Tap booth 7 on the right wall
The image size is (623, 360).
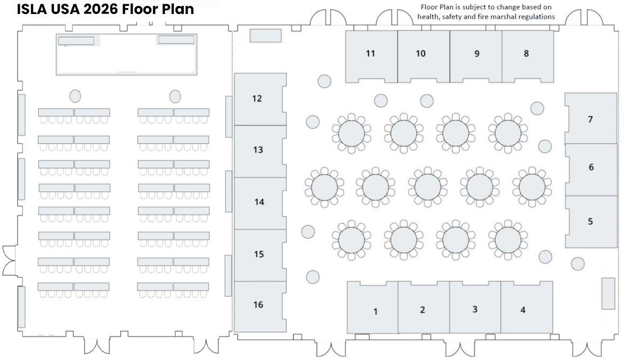pos(591,119)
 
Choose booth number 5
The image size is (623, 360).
pos(591,221)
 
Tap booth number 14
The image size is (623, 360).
pos(259,202)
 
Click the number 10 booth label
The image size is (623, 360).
pos(420,53)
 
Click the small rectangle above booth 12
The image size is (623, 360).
pos(266,36)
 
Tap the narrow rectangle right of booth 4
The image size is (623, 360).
pos(608,294)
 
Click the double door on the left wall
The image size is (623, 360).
pos(10,260)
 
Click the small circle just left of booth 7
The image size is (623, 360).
pos(537,108)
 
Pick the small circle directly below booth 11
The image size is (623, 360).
pos(324,81)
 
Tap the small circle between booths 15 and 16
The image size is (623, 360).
pos(313,277)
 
